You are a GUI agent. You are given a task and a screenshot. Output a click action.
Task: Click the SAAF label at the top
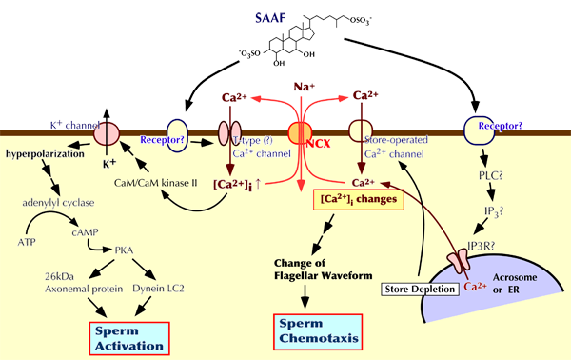click(270, 17)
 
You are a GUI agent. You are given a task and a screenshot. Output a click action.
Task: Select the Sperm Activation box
click(129, 338)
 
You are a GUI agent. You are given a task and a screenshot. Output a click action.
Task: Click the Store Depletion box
click(420, 290)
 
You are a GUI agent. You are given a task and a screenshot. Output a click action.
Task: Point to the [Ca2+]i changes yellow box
click(359, 199)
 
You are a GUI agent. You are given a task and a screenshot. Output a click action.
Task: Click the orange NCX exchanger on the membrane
click(300, 133)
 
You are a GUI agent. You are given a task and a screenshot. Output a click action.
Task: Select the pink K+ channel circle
click(107, 133)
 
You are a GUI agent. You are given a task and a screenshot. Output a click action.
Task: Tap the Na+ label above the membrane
click(305, 87)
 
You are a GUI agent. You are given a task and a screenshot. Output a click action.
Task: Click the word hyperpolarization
click(45, 154)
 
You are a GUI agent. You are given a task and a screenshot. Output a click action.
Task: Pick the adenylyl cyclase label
click(58, 203)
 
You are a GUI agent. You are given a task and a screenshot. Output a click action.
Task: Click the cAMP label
click(85, 232)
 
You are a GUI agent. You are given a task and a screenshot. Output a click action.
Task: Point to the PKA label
click(124, 250)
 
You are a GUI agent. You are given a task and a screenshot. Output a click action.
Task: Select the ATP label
click(27, 242)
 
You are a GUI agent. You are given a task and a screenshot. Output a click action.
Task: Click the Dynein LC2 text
click(158, 289)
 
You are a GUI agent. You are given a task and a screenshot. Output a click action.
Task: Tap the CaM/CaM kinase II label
click(155, 183)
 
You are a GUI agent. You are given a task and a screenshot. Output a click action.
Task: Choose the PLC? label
click(490, 175)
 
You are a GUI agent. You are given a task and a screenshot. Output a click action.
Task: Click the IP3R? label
click(482, 246)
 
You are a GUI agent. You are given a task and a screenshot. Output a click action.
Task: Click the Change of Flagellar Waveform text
click(323, 270)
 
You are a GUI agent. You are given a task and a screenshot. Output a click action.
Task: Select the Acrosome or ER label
click(515, 284)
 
